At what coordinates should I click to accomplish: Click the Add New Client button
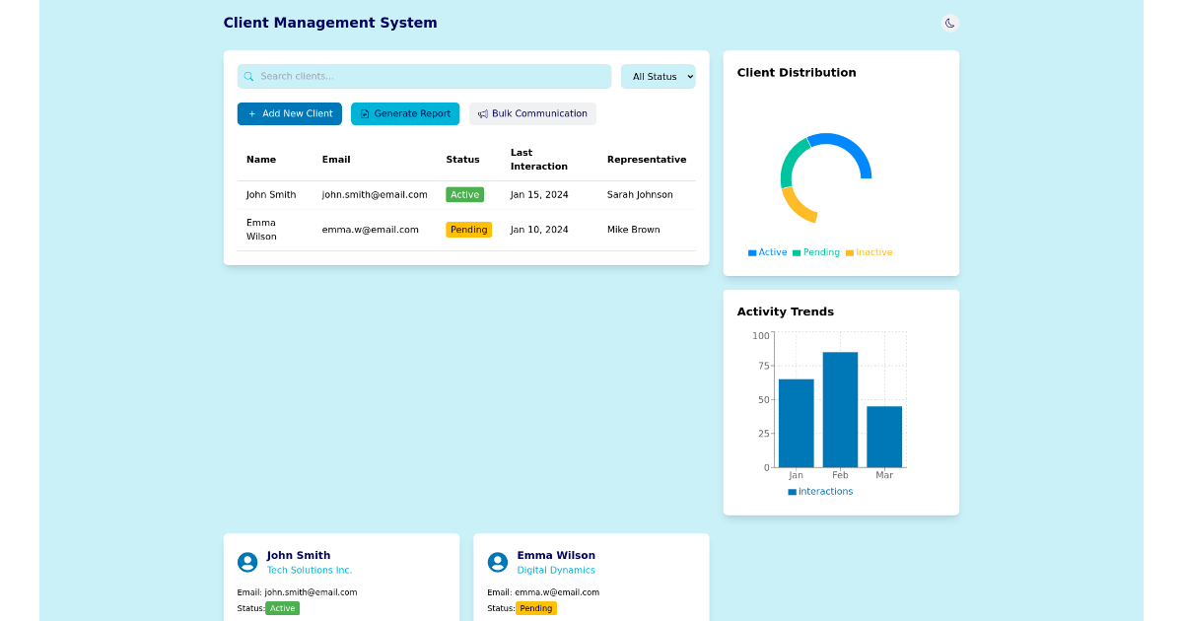pos(289,113)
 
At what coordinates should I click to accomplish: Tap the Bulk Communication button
pos(532,113)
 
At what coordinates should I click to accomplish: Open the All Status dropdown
pos(658,77)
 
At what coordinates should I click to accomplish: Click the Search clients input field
pos(424,77)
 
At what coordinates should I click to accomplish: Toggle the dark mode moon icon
pos(949,23)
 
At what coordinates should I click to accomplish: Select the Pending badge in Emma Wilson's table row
pos(468,230)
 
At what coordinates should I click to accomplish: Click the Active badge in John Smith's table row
pos(464,195)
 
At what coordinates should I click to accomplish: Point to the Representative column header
pos(646,160)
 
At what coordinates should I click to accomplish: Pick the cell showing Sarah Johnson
pos(640,195)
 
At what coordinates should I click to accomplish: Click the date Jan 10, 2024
pos(539,230)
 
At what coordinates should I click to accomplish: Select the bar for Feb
pos(840,409)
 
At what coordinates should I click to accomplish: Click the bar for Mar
pos(884,436)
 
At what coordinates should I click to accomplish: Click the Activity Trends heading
pos(785,311)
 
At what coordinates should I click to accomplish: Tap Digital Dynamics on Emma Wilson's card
pos(556,570)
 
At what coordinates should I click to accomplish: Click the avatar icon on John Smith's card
pos(247,562)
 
